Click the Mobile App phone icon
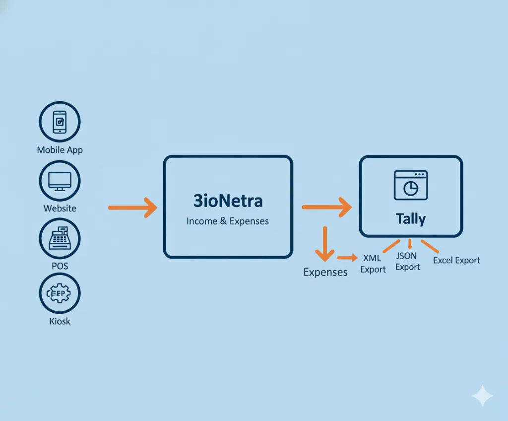pyautogui.click(x=60, y=122)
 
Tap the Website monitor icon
pyautogui.click(x=60, y=181)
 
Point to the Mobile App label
pyautogui.click(x=60, y=149)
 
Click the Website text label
pyautogui.click(x=60, y=208)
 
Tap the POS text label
pyautogui.click(x=60, y=266)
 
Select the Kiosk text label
pyautogui.click(x=60, y=321)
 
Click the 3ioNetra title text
pyautogui.click(x=228, y=201)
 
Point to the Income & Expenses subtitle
pyautogui.click(x=228, y=221)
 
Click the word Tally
pyautogui.click(x=410, y=218)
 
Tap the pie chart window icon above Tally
pyautogui.click(x=410, y=185)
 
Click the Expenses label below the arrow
pyautogui.click(x=325, y=272)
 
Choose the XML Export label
pyautogui.click(x=373, y=264)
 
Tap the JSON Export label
pyautogui.click(x=407, y=262)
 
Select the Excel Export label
pyautogui.click(x=456, y=260)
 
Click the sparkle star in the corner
pyautogui.click(x=482, y=396)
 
